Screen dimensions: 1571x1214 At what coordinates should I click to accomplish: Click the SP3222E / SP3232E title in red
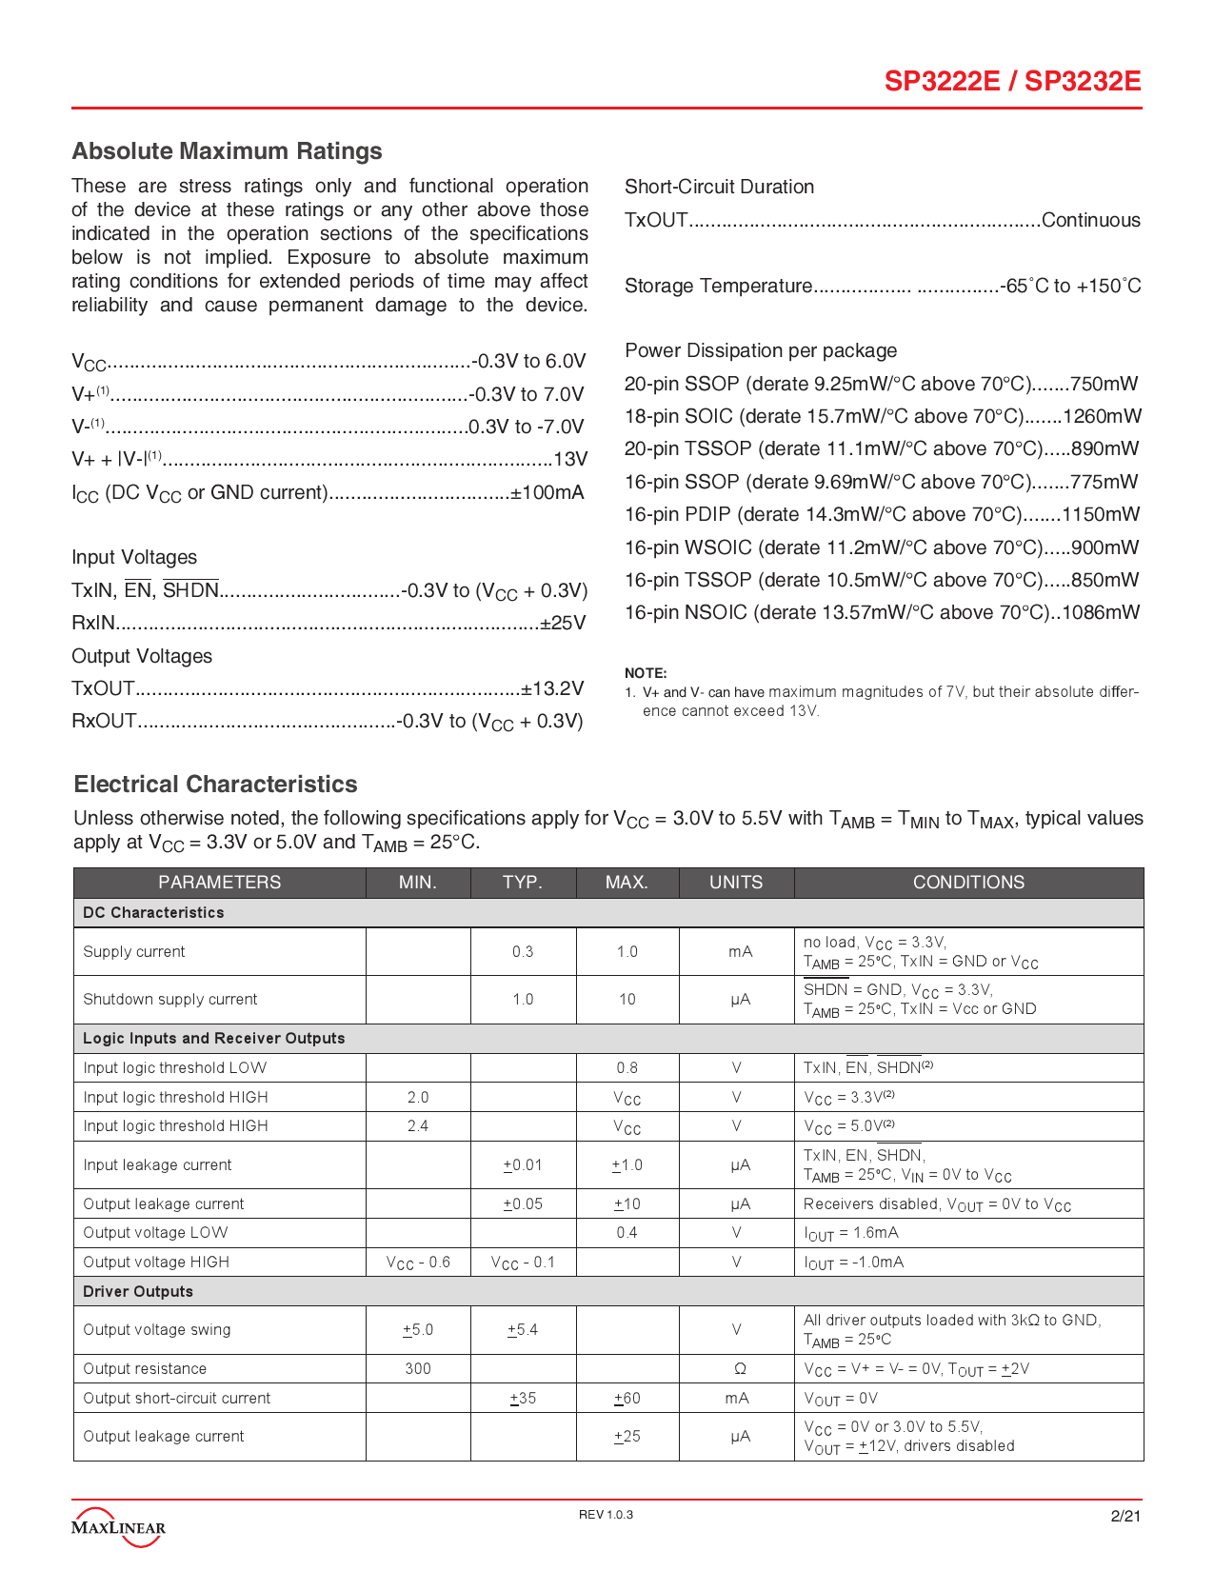1012,81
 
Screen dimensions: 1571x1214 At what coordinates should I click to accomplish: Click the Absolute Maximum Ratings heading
227,151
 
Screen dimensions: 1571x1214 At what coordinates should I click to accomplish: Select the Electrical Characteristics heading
215,784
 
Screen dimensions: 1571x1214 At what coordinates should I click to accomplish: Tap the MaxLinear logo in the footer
118,1525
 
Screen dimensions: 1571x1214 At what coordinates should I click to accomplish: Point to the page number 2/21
1125,1516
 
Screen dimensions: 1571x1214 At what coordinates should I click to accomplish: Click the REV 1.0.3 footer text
606,1515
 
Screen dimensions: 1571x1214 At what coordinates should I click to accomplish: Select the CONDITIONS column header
968,883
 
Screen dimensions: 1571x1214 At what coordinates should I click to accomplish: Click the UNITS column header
736,883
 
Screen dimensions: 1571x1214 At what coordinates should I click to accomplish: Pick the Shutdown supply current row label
170,999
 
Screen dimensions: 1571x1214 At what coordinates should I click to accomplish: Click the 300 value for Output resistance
418,1368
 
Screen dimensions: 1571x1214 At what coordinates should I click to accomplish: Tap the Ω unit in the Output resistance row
740,1368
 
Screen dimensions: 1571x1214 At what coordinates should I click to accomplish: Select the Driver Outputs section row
138,1291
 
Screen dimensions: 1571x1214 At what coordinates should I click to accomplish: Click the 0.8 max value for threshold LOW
627,1067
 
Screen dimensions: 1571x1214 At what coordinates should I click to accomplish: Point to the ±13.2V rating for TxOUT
552,688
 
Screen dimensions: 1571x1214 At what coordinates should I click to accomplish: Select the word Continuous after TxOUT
1090,220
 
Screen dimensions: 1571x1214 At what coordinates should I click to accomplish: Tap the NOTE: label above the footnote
646,672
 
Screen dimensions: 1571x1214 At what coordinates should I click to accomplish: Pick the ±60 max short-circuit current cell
627,1398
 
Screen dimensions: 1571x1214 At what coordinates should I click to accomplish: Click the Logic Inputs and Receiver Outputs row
214,1038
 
